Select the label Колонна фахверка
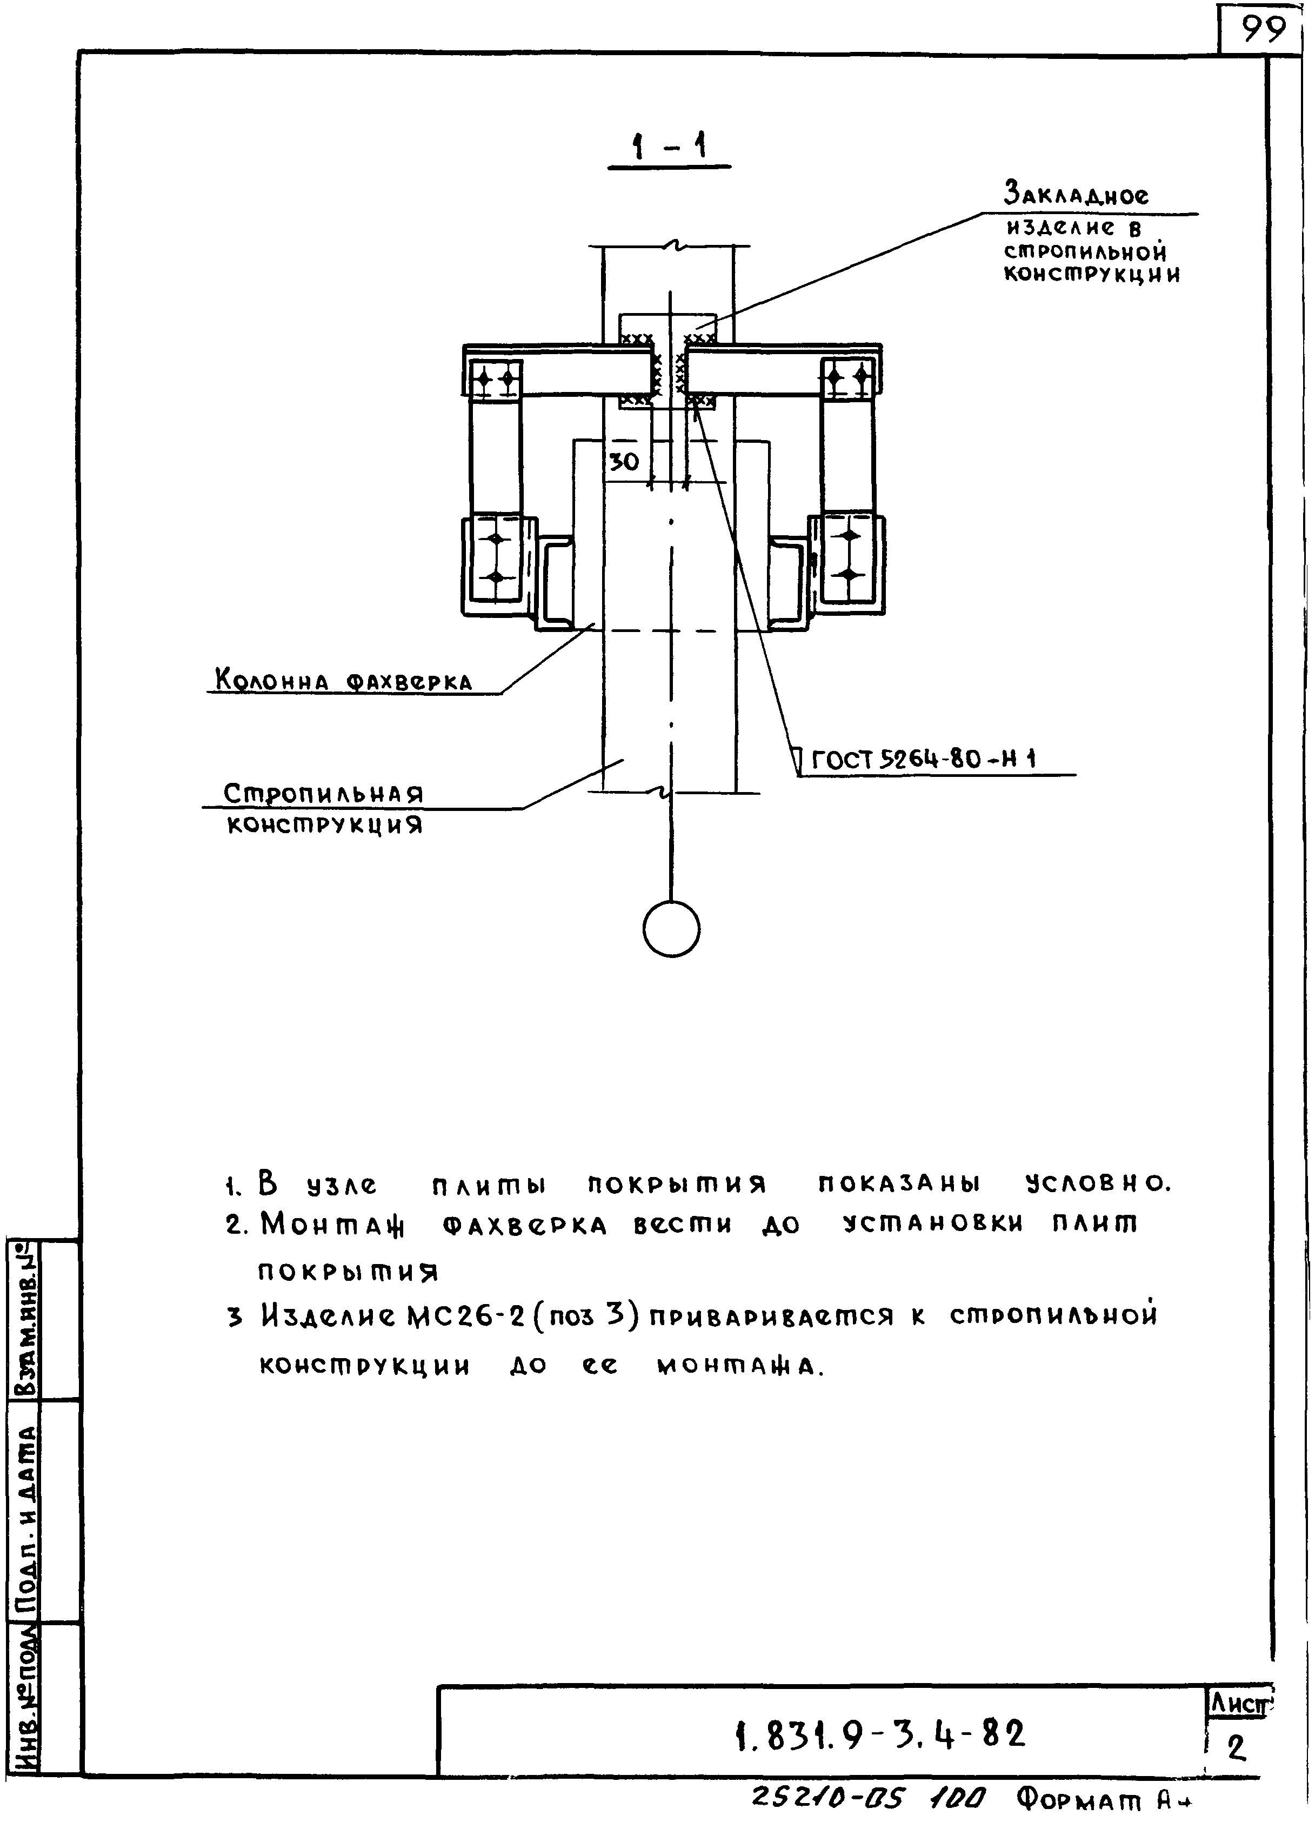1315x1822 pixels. pos(343,681)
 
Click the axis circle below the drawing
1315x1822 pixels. pos(672,929)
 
